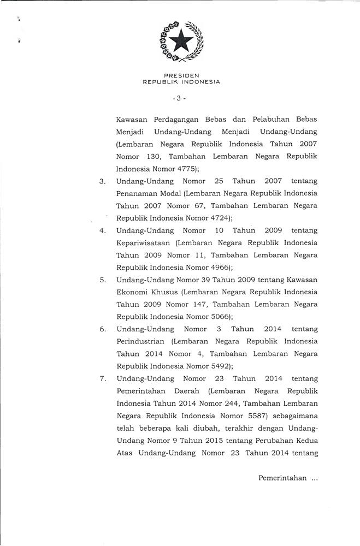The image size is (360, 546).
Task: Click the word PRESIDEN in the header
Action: point(180,76)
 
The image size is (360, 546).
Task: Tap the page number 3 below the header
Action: point(180,99)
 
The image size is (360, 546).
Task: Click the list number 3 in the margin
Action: point(102,181)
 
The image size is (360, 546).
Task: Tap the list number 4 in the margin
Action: point(102,230)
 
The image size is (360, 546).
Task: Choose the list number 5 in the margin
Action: point(102,280)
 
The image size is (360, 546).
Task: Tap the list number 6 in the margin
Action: point(102,329)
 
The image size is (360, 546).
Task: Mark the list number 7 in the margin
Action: point(102,378)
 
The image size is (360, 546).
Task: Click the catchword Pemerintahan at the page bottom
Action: point(282,478)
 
